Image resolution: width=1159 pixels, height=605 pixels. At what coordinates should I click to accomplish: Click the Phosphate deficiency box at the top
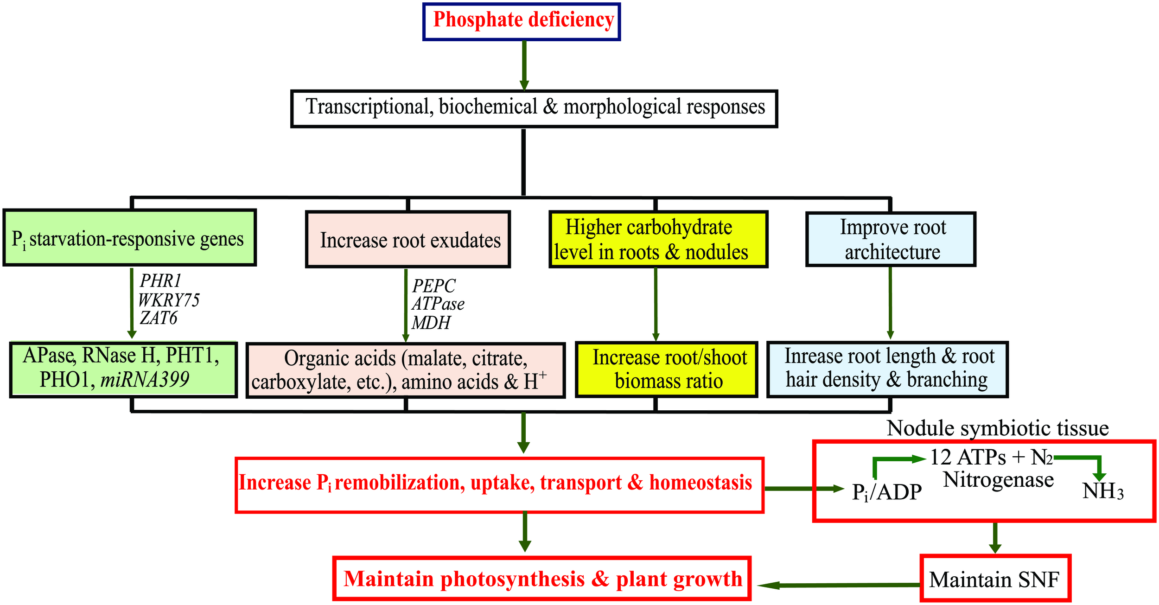point(522,21)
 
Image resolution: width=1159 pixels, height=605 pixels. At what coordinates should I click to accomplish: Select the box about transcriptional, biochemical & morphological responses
point(534,108)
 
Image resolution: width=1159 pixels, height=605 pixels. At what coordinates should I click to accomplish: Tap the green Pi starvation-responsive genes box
point(129,238)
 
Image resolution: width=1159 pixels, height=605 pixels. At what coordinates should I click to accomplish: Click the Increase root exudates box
point(408,240)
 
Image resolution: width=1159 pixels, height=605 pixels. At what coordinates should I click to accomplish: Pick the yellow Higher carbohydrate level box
point(658,240)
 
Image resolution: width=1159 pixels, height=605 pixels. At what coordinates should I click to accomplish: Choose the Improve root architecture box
point(891,240)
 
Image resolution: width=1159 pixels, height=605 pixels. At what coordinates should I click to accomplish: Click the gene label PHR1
point(160,281)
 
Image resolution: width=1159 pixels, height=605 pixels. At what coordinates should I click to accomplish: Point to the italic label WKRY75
point(169,300)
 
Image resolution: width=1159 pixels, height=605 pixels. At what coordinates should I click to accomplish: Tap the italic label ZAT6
point(159,318)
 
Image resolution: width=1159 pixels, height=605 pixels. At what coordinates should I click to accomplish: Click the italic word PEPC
point(434,286)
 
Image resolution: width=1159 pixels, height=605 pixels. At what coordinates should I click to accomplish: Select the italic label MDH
point(431,323)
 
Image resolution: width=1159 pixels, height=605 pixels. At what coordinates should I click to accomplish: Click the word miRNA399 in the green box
point(145,380)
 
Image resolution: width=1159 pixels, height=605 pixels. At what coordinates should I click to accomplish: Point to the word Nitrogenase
point(999,479)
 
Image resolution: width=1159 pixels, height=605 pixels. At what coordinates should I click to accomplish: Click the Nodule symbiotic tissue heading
point(998,428)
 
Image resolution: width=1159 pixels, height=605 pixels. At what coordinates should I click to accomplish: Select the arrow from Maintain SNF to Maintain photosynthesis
point(839,585)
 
